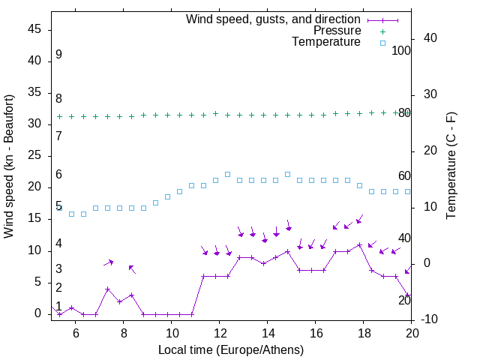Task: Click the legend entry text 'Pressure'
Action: tap(337, 31)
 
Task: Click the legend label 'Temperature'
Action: tap(326, 42)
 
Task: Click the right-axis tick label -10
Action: tap(429, 319)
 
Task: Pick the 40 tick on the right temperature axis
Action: tap(430, 38)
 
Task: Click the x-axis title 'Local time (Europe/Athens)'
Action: tap(232, 349)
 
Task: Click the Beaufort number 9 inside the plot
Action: tap(58, 55)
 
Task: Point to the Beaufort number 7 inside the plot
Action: tap(58, 136)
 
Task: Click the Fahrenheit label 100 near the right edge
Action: tap(402, 51)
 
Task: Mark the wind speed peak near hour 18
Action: tap(360, 244)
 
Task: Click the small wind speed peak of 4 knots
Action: tap(107, 289)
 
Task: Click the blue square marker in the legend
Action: tap(382, 43)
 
